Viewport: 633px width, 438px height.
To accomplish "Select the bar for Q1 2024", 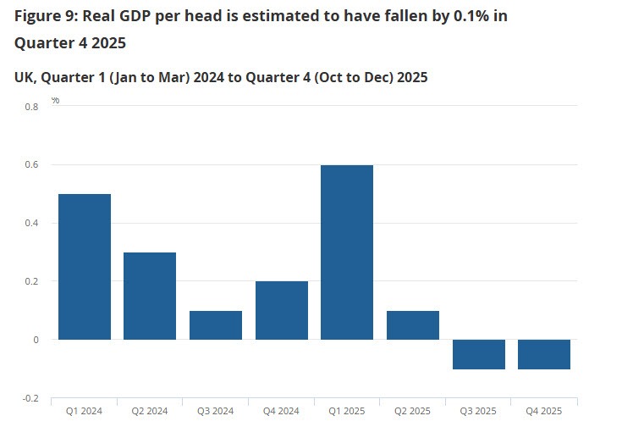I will click(x=84, y=267).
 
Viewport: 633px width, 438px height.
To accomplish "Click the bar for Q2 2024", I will click(x=150, y=296).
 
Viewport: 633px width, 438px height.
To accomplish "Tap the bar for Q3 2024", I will click(x=216, y=325).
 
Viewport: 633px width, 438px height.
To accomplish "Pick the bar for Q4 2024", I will click(x=281, y=310).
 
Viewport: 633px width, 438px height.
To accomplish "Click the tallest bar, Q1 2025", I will click(x=347, y=252).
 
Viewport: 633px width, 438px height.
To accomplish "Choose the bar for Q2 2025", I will click(x=413, y=325).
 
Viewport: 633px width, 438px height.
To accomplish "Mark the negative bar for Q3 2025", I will click(x=478, y=354).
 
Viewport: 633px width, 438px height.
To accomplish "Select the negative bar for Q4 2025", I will click(x=544, y=354).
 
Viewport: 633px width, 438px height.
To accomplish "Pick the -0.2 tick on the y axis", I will click(x=30, y=398).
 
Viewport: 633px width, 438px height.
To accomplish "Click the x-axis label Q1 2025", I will click(x=347, y=412).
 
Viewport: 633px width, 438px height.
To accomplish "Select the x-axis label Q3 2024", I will click(x=216, y=412).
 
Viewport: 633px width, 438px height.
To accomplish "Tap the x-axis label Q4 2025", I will click(x=544, y=412).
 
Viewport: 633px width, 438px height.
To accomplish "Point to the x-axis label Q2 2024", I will click(x=150, y=412).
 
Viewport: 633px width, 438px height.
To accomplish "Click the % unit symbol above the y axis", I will click(x=55, y=100).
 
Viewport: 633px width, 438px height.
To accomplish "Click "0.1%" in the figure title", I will click(x=458, y=16).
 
